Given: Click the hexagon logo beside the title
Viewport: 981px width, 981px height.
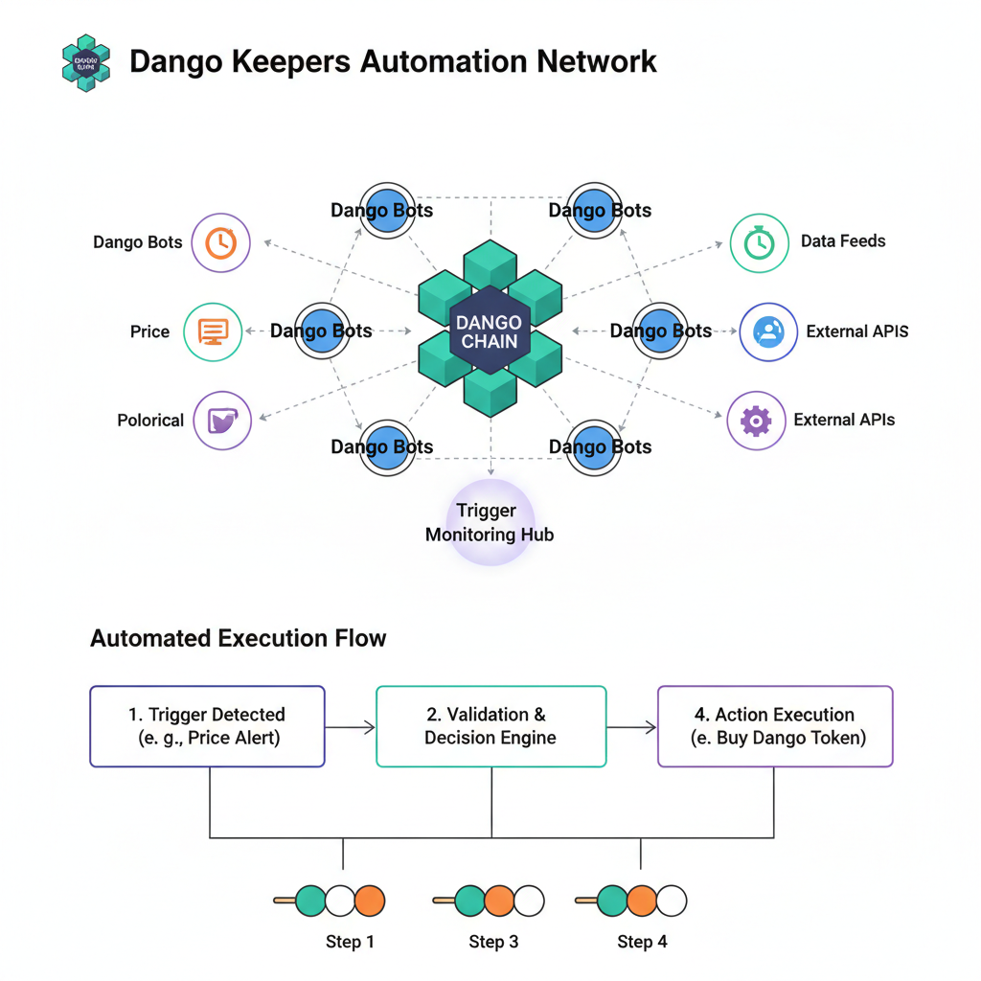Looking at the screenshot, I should (85, 63).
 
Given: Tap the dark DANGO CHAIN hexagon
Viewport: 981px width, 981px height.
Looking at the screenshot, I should (490, 331).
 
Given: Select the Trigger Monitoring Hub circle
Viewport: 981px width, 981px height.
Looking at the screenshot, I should (490, 522).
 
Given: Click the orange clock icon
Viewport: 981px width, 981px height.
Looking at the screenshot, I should (220, 242).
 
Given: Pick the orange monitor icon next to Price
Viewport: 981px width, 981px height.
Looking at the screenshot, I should (212, 331).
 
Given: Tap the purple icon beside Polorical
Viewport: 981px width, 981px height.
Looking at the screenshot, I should (222, 420).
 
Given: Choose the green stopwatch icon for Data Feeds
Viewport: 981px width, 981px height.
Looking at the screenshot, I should (759, 242).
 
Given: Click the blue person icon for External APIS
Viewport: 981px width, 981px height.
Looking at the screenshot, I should (768, 331).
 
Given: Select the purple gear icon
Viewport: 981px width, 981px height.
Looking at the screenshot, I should (756, 420).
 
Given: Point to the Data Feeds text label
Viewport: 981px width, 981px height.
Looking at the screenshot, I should (843, 241).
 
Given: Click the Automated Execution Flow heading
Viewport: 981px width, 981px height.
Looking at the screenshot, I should (238, 638).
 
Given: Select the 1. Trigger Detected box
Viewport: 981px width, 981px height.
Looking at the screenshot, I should (207, 726).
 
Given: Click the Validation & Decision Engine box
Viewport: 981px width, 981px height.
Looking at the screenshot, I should (490, 726).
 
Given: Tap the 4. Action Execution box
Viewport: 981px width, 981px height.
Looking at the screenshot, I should (774, 726).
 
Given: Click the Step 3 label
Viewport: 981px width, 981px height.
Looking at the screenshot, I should (493, 942).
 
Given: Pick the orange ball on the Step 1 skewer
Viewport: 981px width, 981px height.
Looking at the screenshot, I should (369, 901).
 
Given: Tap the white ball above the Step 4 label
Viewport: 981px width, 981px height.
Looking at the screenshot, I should (672, 901).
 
